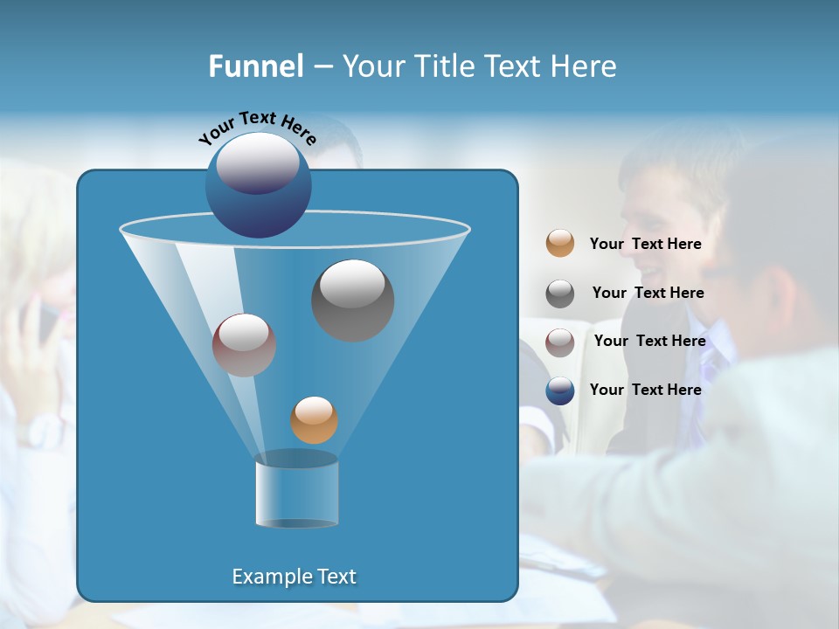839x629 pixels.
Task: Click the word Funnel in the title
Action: (255, 66)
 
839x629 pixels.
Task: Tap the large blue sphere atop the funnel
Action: (258, 185)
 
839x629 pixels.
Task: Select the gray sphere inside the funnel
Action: (352, 300)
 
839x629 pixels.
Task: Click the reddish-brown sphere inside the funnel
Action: (244, 345)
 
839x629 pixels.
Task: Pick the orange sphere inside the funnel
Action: (314, 420)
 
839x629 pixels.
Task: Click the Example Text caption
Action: (294, 577)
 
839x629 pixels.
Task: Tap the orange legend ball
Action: (560, 244)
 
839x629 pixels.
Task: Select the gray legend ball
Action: (560, 294)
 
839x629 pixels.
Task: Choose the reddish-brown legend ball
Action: (560, 342)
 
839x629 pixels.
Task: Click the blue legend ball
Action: (560, 391)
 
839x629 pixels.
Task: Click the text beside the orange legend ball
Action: (645, 245)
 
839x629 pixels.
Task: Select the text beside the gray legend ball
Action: (648, 294)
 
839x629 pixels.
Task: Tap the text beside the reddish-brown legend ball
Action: (649, 342)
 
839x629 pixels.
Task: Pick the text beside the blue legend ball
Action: (645, 391)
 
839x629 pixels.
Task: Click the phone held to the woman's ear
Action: (44, 319)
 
